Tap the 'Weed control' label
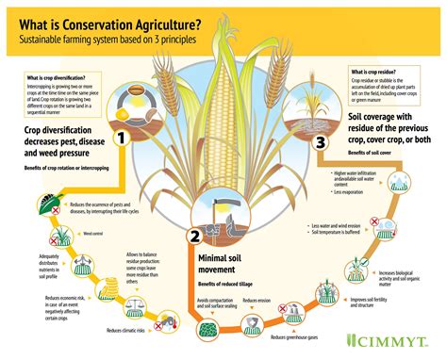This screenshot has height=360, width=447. pos(92,232)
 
